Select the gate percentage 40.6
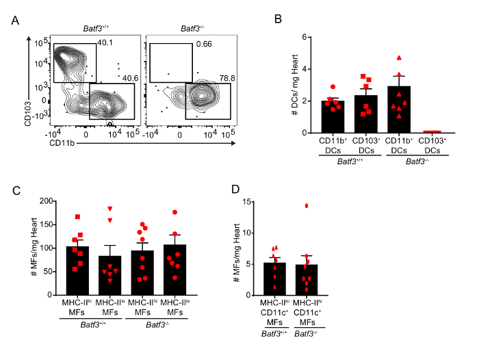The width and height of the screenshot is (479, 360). pyautogui.click(x=124, y=78)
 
